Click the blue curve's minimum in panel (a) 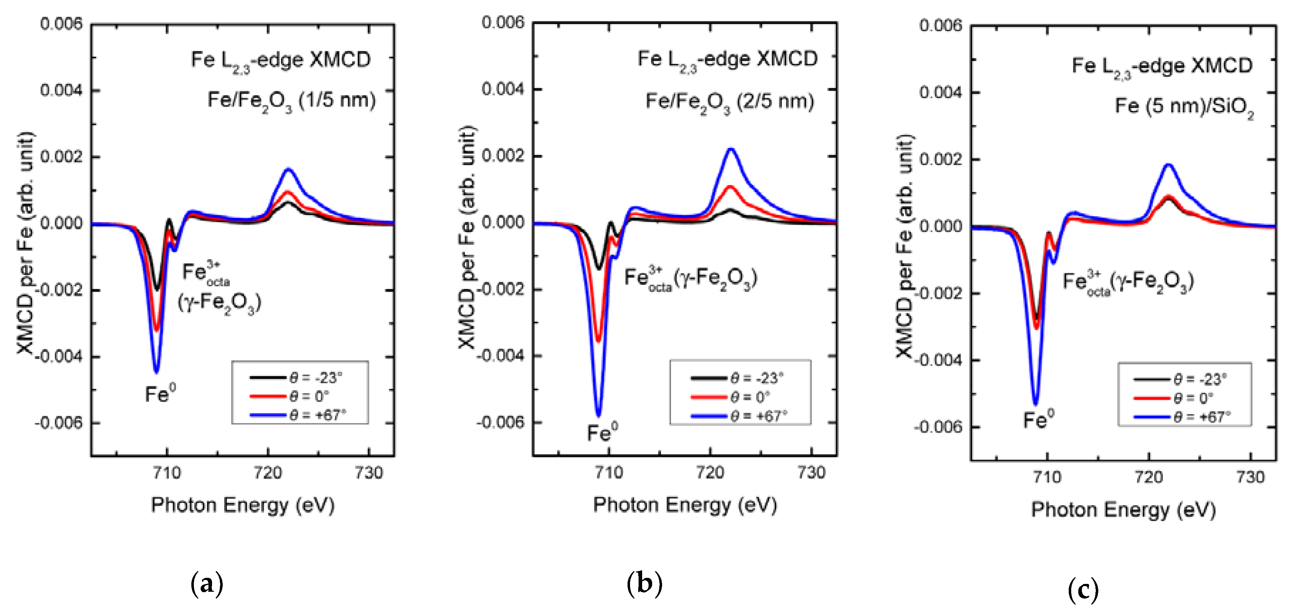(156, 371)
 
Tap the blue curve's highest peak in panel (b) (732, 149)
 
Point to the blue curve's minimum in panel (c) (1036, 403)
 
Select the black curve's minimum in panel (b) (598, 268)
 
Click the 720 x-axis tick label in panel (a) (268, 473)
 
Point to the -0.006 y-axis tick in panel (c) (938, 427)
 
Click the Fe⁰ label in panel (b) (602, 432)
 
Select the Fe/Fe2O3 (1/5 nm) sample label (291, 101)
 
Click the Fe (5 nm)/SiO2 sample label (1184, 107)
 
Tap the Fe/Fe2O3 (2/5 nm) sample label (729, 102)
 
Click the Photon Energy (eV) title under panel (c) (1123, 510)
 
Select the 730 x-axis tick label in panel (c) (1250, 477)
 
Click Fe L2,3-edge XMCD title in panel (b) (727, 60)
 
